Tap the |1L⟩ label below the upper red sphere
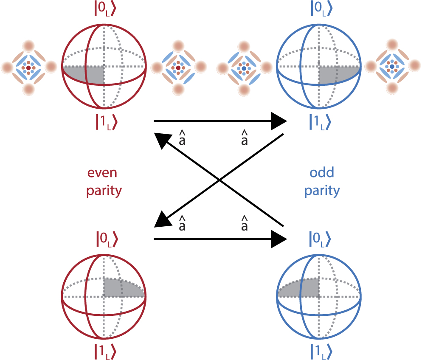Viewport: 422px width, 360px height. [104, 121]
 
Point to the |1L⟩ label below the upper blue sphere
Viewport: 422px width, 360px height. [318, 121]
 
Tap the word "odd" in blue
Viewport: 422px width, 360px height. [322, 173]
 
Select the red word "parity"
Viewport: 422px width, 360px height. [104, 191]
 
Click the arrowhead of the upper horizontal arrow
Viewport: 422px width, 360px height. [279, 121]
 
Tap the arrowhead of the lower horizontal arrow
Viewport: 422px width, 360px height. [279, 239]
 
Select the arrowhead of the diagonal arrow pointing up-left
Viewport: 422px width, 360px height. [162, 140]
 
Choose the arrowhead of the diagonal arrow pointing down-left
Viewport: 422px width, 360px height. [162, 220]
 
